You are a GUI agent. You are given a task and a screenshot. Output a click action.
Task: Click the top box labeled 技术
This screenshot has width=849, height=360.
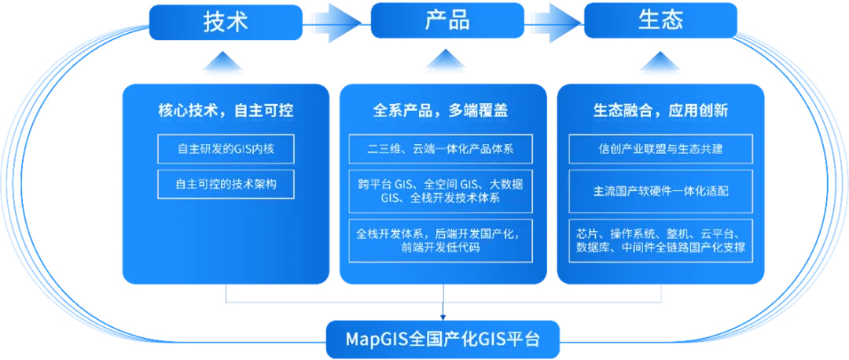225,21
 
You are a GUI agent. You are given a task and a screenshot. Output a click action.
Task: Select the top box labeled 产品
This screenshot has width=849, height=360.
447,21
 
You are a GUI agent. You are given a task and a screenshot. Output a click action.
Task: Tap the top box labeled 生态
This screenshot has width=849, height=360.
660,21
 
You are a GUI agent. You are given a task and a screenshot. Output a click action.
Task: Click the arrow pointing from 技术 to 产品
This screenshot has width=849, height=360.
336,21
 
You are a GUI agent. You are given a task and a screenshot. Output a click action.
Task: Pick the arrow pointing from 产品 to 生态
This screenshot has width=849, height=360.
555,21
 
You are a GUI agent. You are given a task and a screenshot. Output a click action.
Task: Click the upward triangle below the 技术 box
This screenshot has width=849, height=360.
225,64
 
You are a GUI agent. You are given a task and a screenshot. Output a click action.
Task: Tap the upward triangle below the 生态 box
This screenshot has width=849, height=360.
660,64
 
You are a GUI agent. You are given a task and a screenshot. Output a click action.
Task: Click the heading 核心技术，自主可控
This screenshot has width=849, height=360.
225,111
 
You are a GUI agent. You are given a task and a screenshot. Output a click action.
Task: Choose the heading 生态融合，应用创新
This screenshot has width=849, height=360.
660,111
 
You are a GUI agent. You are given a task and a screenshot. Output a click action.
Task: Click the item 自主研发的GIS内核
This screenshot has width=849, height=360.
225,149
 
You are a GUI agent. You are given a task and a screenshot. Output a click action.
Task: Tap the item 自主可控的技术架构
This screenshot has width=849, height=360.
225,184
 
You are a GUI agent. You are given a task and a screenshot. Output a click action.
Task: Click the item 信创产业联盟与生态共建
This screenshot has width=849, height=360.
660,149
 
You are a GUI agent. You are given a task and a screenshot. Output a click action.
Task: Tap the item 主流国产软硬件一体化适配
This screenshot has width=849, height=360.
660,191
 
